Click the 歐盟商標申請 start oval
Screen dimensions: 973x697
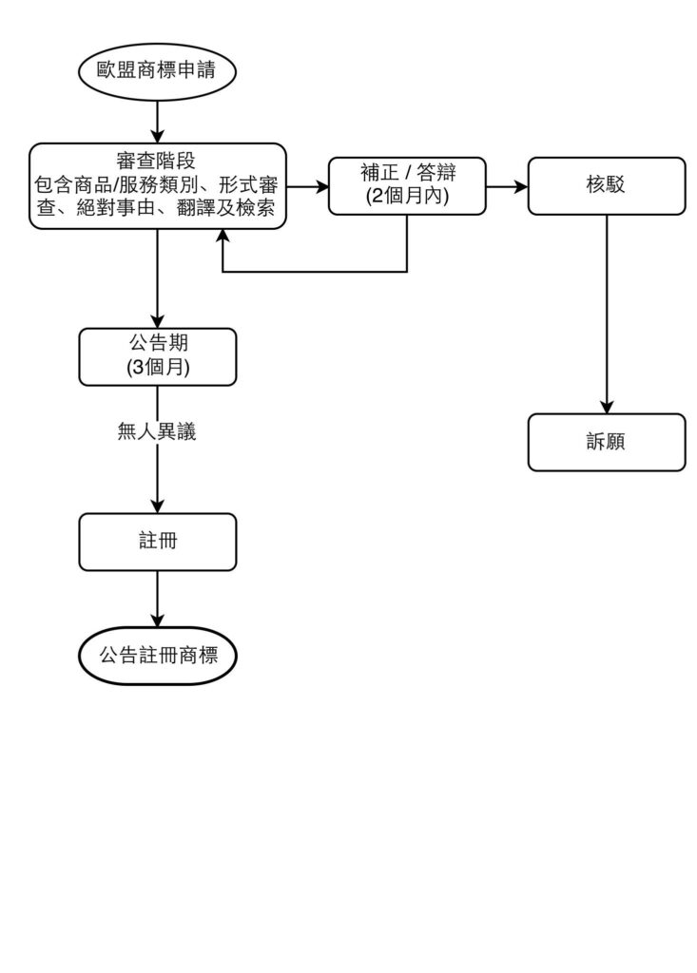point(157,69)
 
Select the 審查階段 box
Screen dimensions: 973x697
point(157,186)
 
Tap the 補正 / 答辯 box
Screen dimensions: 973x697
point(407,186)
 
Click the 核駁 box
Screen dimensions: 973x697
point(606,186)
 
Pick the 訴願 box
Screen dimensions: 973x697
point(606,442)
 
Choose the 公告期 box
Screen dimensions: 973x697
point(157,356)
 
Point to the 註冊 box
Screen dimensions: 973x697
point(157,542)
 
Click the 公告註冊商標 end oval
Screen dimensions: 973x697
point(157,655)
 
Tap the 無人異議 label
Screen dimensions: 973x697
point(157,432)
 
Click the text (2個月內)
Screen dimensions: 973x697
point(407,198)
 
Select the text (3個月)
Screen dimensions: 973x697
point(157,368)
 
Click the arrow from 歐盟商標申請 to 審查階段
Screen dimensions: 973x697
point(157,120)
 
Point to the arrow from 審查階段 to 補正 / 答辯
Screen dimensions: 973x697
point(306,186)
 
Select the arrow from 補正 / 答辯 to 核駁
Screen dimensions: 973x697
point(507,186)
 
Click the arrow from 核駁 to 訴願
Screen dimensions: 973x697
point(606,314)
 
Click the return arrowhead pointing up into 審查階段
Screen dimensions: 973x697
point(223,238)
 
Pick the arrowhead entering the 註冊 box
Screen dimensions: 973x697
point(157,506)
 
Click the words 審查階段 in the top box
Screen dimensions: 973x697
point(157,159)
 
